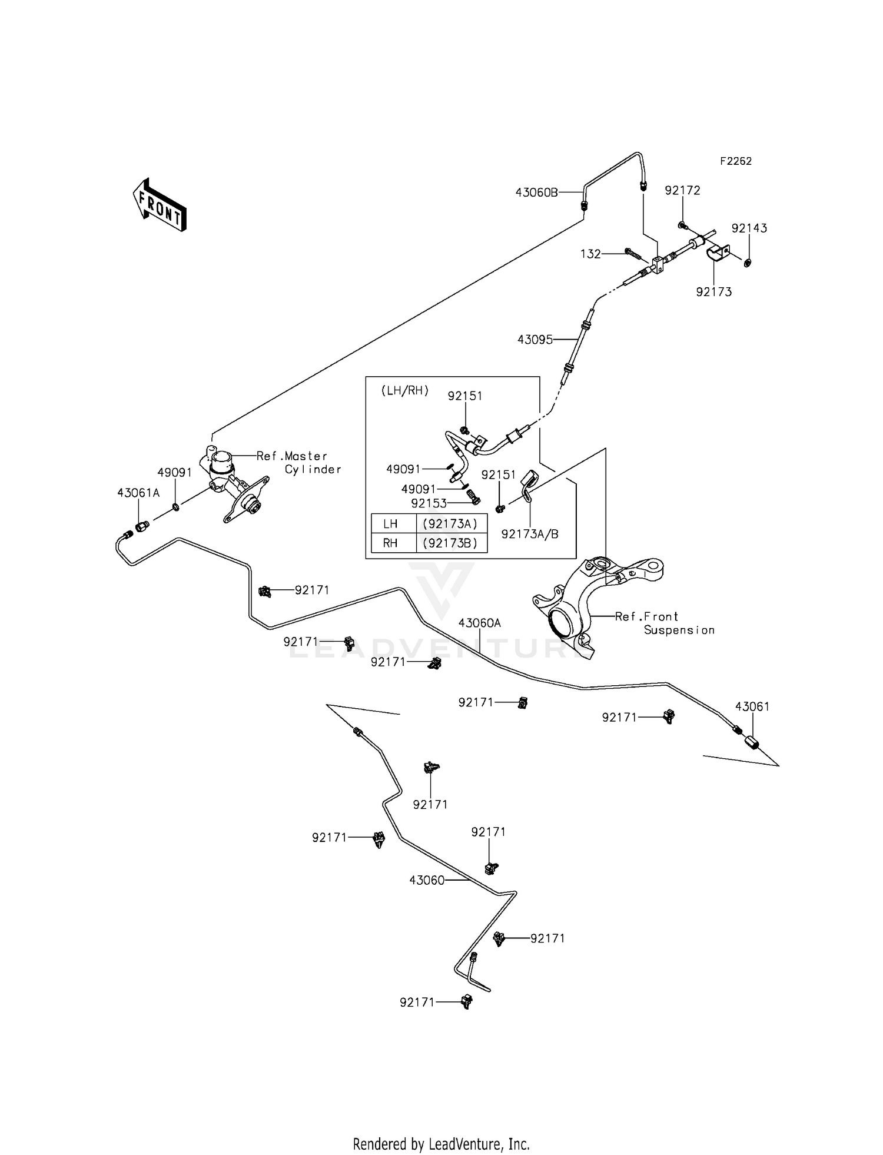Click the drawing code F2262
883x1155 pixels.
click(x=736, y=161)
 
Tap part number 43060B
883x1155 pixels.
click(x=536, y=192)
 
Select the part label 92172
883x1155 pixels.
click(x=682, y=190)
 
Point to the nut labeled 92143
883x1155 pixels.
click(x=747, y=263)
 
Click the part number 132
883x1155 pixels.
click(x=590, y=254)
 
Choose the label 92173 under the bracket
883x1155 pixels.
click(x=713, y=291)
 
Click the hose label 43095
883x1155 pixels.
click(x=535, y=340)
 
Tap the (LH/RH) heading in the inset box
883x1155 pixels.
click(x=405, y=390)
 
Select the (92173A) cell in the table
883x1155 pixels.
click(x=450, y=523)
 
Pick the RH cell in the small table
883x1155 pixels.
click(x=390, y=543)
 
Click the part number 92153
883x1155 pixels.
click(x=429, y=503)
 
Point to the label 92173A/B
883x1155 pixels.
click(x=529, y=534)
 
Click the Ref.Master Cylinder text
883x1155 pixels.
click(x=298, y=462)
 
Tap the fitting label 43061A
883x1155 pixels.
click(x=138, y=493)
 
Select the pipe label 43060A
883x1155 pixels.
click(x=479, y=623)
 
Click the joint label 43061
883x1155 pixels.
click(x=752, y=706)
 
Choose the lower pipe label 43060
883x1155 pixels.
click(x=427, y=880)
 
